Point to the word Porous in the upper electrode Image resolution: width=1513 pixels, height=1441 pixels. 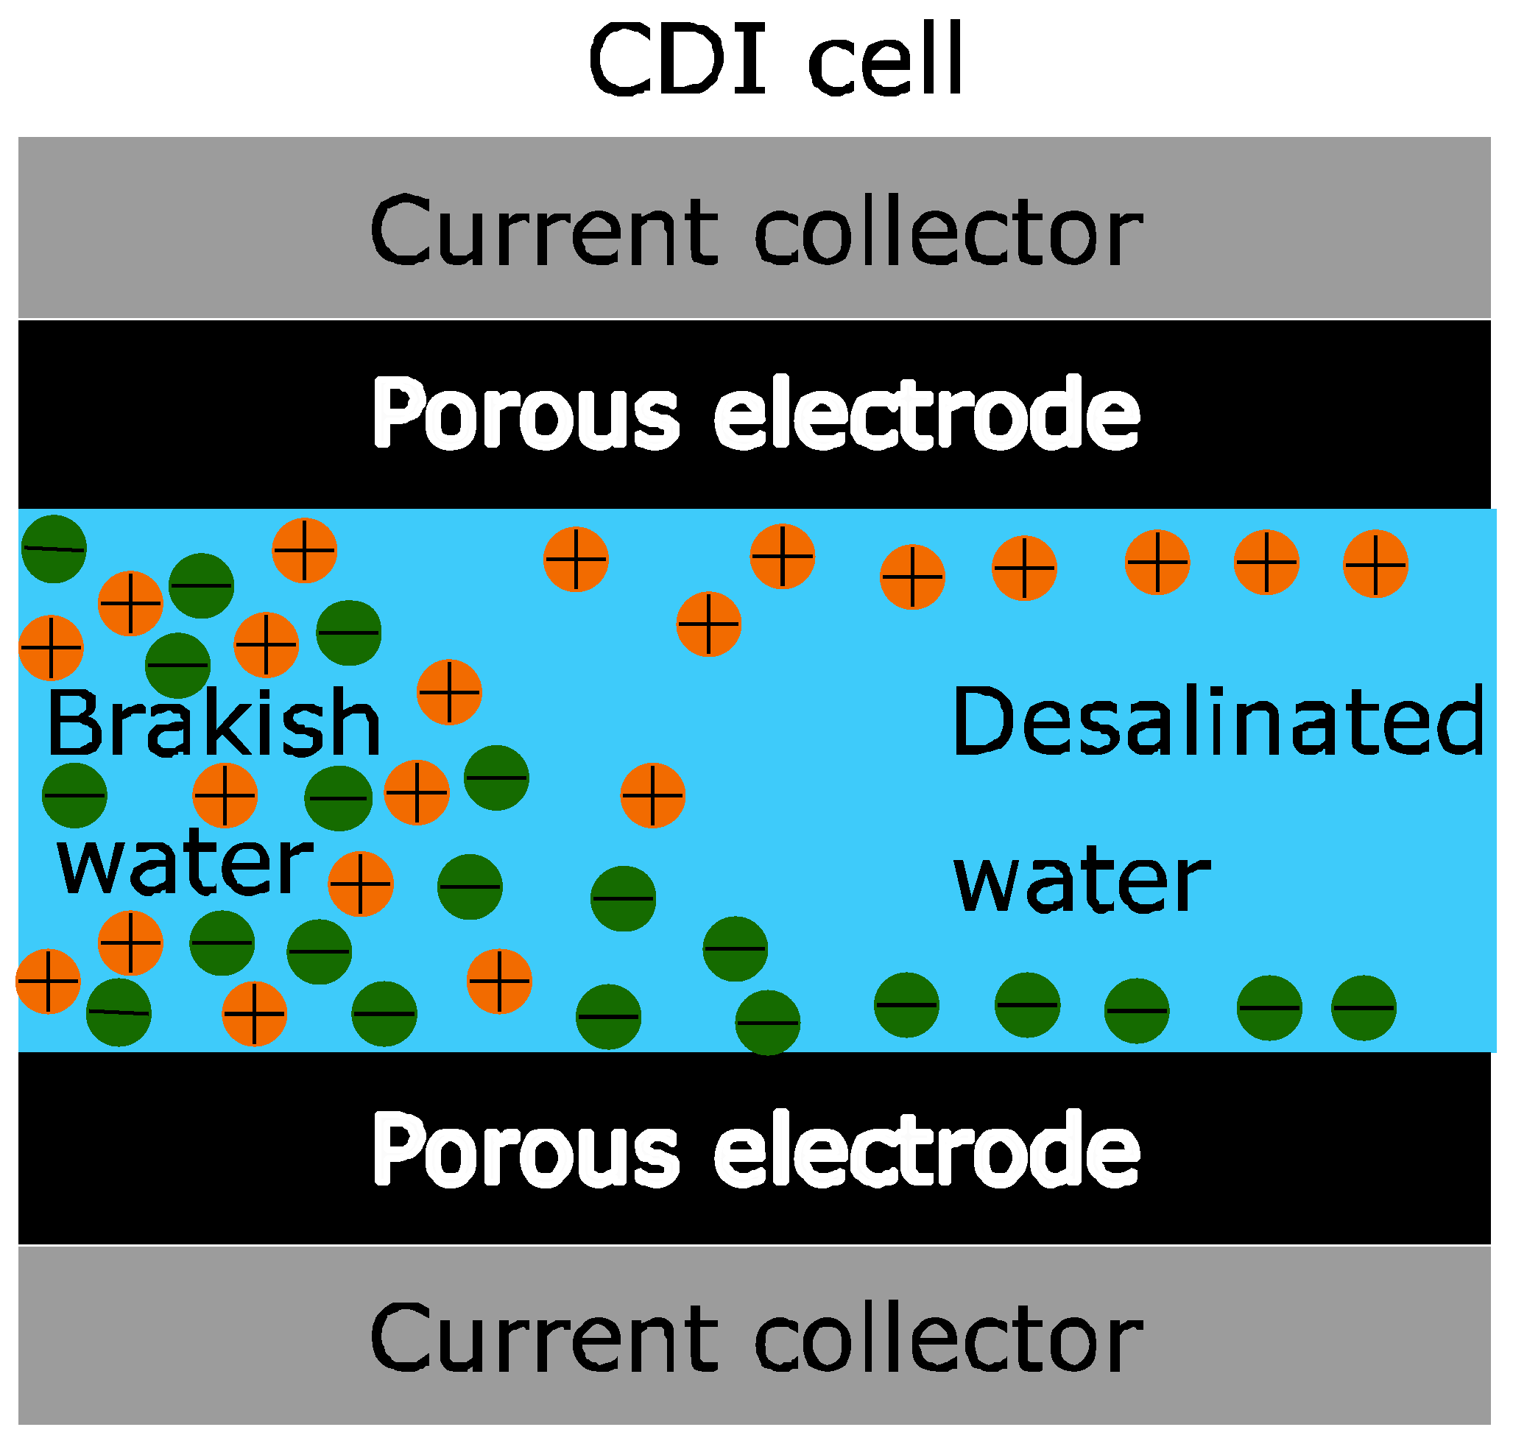click(x=526, y=415)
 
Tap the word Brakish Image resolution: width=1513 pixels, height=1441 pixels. click(x=214, y=723)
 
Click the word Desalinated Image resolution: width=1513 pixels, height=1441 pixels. click(x=1217, y=722)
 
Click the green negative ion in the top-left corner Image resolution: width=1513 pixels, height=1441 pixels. click(x=54, y=549)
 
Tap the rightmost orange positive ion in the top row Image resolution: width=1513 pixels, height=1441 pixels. click(x=1375, y=565)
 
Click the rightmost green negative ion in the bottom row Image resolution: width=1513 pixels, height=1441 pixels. click(x=1364, y=1009)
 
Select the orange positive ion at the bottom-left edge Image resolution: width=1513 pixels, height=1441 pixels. click(x=49, y=982)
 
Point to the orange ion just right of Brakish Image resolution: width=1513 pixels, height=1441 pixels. click(x=449, y=692)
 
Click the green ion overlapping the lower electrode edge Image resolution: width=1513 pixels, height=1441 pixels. click(x=768, y=1022)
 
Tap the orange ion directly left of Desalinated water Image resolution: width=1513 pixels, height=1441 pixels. click(x=653, y=796)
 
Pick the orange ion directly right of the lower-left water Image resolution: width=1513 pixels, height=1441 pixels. click(x=361, y=884)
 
